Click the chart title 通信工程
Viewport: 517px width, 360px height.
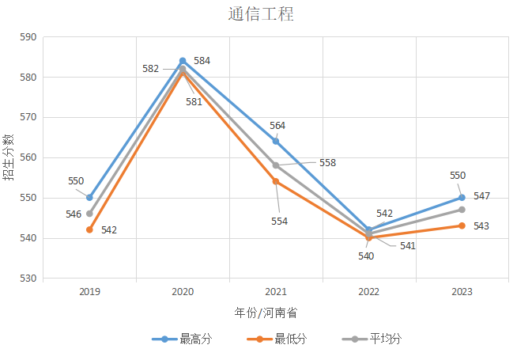pyautogui.click(x=259, y=14)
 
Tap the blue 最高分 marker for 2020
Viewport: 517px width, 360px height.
pyautogui.click(x=183, y=61)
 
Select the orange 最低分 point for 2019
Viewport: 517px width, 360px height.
pyautogui.click(x=89, y=229)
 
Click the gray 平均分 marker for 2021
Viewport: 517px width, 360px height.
pyautogui.click(x=276, y=165)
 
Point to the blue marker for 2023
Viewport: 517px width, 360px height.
pyautogui.click(x=462, y=198)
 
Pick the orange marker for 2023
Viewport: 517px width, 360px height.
pyautogui.click(x=462, y=225)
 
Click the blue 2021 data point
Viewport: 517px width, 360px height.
pyautogui.click(x=276, y=141)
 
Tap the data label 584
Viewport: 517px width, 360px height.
pyautogui.click(x=202, y=61)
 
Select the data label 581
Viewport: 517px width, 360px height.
pyautogui.click(x=194, y=101)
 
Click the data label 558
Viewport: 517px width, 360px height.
pyautogui.click(x=327, y=163)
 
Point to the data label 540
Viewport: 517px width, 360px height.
pyautogui.click(x=366, y=256)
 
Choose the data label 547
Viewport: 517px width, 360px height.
pyautogui.click(x=481, y=195)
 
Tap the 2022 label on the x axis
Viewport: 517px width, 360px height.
pyautogui.click(x=369, y=292)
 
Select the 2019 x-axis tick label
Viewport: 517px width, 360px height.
pyautogui.click(x=89, y=292)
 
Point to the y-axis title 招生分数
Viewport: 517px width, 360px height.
pyautogui.click(x=9, y=158)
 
